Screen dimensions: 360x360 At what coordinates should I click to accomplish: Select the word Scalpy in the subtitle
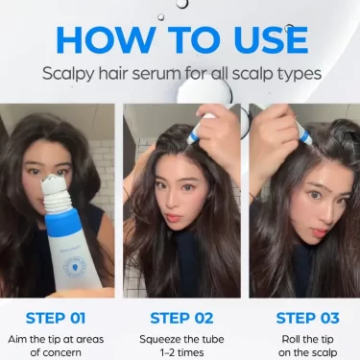click(x=68, y=74)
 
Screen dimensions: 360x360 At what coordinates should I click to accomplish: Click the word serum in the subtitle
click(x=156, y=74)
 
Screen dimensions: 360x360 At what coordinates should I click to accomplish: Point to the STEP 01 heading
click(x=56, y=318)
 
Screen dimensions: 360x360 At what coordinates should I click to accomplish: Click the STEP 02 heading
click(x=181, y=318)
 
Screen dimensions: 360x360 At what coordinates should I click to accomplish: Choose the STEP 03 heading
click(x=307, y=318)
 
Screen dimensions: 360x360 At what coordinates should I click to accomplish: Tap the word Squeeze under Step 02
click(x=160, y=339)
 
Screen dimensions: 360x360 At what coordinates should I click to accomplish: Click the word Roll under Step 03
click(x=291, y=339)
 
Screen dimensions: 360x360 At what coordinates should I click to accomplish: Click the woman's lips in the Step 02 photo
click(x=172, y=218)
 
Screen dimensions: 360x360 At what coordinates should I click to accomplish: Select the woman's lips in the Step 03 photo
click(x=321, y=232)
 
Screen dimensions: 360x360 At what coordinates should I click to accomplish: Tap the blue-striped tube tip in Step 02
click(x=194, y=134)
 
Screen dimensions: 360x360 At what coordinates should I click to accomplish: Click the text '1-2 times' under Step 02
click(x=181, y=352)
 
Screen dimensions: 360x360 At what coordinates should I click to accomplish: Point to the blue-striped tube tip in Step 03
click(x=305, y=134)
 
